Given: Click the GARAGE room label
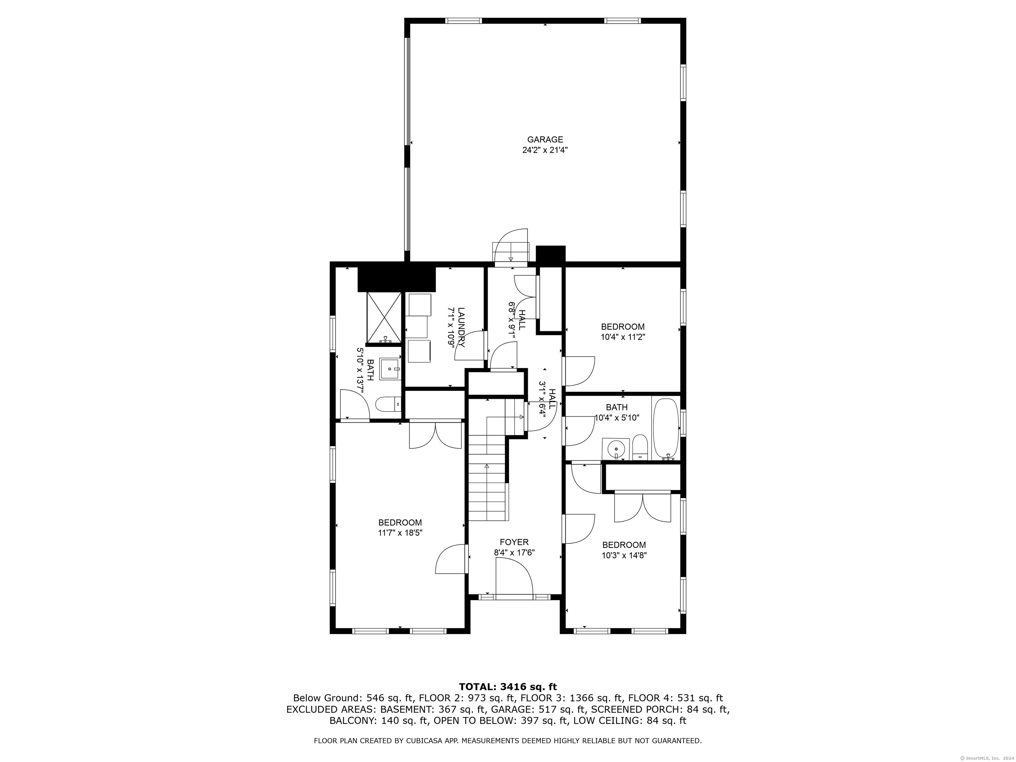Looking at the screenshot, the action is pos(545,140).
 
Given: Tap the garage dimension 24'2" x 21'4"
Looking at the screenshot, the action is pos(545,150).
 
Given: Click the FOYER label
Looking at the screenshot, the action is pos(514,542).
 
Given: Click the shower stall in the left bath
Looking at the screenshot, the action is pos(384,318).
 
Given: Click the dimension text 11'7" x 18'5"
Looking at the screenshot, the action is pos(400,533).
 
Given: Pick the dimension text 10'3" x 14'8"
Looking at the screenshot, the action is pos(624,555).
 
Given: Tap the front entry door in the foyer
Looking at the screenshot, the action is pos(514,580).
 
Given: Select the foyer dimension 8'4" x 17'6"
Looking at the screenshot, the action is pos(514,553).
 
